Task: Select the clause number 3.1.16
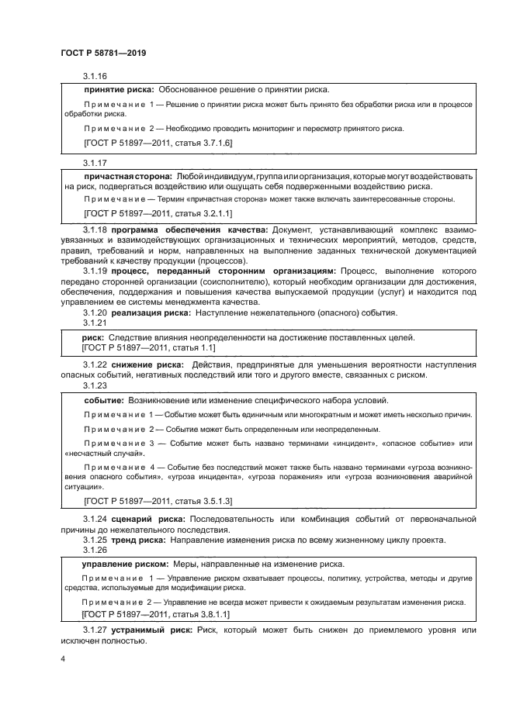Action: pos(95,76)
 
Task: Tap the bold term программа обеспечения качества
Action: pos(189,231)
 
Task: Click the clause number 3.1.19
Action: pos(95,271)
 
